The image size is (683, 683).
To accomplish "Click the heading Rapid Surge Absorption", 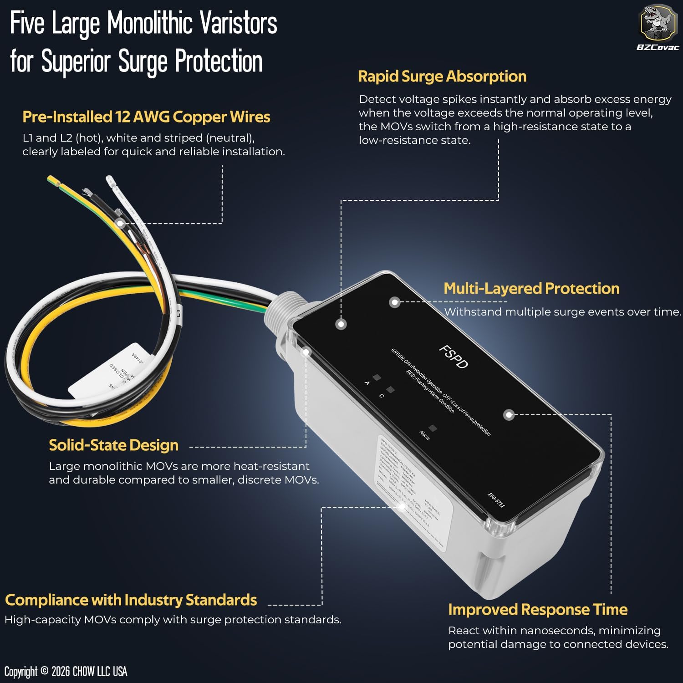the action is click(442, 76).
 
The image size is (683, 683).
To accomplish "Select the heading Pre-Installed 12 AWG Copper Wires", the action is click(146, 117).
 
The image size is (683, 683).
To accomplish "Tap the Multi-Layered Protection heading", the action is click(531, 289).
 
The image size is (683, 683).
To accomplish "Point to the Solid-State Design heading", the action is click(113, 445).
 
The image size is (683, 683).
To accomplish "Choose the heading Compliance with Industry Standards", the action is click(131, 600).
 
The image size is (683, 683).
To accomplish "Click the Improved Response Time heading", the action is click(538, 610).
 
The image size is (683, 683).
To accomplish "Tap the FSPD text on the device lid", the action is click(453, 357).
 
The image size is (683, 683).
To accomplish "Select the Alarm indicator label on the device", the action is click(424, 435).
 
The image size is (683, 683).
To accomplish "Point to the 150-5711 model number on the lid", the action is click(496, 500).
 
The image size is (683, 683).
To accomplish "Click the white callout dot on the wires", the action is click(120, 224).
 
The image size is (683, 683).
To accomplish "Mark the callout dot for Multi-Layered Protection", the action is click(395, 302).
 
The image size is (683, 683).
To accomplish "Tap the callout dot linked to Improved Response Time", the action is click(509, 415).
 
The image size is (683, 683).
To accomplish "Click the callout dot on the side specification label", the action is click(402, 507).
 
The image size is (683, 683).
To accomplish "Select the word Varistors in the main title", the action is click(239, 24).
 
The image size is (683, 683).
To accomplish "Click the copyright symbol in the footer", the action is click(44, 671).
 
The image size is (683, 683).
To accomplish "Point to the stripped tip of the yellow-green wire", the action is click(53, 180).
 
